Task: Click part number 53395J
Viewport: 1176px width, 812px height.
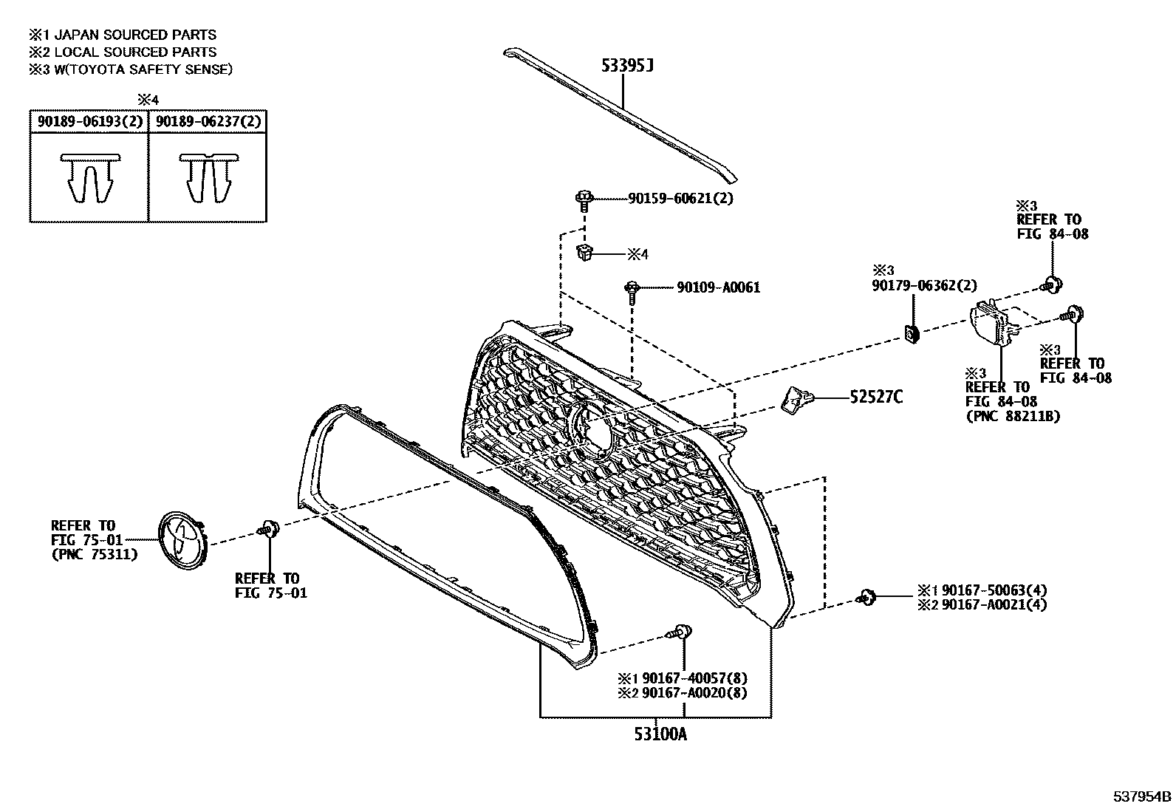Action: pos(627,66)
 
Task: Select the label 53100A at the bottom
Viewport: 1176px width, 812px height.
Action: pos(660,734)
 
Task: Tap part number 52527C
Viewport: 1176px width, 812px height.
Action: pos(876,398)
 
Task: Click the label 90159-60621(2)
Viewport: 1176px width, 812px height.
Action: pos(680,198)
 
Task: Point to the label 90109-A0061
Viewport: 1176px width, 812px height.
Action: pos(718,287)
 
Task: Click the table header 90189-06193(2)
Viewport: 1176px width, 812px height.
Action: pos(89,121)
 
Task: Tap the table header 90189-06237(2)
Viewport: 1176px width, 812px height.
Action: pos(208,121)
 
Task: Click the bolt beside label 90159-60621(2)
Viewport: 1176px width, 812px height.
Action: pos(584,199)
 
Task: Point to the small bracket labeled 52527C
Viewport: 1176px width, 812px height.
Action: pos(795,398)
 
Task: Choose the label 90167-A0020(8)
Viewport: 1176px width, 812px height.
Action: pos(694,693)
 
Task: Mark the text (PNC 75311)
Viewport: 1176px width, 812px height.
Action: pos(94,554)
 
